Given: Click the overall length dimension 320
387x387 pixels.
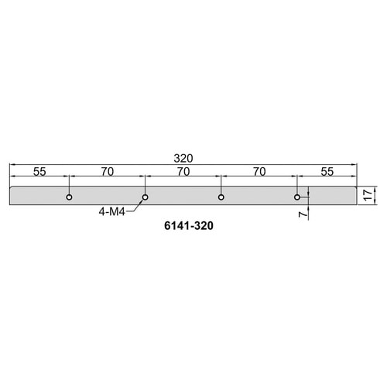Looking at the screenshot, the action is point(183,158).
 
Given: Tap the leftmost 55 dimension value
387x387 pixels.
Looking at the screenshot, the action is point(39,172).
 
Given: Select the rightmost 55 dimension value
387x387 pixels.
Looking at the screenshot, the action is point(327,172).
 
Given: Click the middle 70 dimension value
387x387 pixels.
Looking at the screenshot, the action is point(183,172).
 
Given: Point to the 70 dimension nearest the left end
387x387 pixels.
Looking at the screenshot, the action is point(108,172).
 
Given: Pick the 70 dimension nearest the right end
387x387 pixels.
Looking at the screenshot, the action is point(259,172).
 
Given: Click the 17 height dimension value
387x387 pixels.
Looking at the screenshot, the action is point(368,195).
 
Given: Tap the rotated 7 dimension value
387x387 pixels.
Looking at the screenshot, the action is point(303,214).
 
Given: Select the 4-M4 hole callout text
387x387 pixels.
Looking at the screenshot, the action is point(111,212).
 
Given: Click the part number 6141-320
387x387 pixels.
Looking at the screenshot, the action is point(189,226).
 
